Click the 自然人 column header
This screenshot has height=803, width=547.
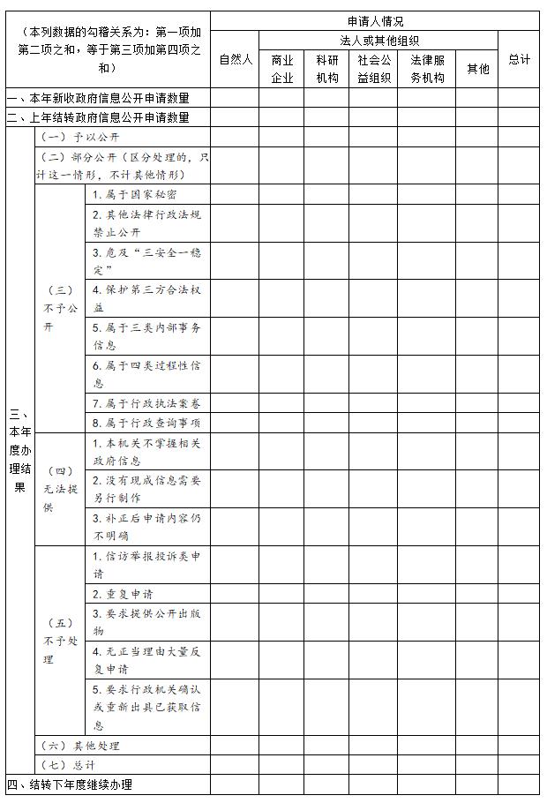point(236,59)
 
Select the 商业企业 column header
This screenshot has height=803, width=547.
point(282,68)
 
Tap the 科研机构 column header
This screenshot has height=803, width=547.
point(326,68)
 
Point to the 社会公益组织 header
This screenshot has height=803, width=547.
point(373,68)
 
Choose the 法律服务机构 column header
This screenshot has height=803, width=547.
point(427,68)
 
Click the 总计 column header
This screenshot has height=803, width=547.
point(519,59)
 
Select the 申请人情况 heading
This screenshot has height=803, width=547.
point(375,21)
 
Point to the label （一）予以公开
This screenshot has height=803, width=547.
point(79,138)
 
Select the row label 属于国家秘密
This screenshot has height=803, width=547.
point(134,194)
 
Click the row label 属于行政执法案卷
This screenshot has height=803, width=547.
point(146,403)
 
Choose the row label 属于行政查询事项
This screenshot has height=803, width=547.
point(146,423)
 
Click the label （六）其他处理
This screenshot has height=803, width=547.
point(79,746)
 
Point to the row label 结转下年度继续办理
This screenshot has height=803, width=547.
point(70,784)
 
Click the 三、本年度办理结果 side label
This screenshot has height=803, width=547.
point(19,450)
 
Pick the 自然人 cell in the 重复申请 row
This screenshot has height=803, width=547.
point(236,594)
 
